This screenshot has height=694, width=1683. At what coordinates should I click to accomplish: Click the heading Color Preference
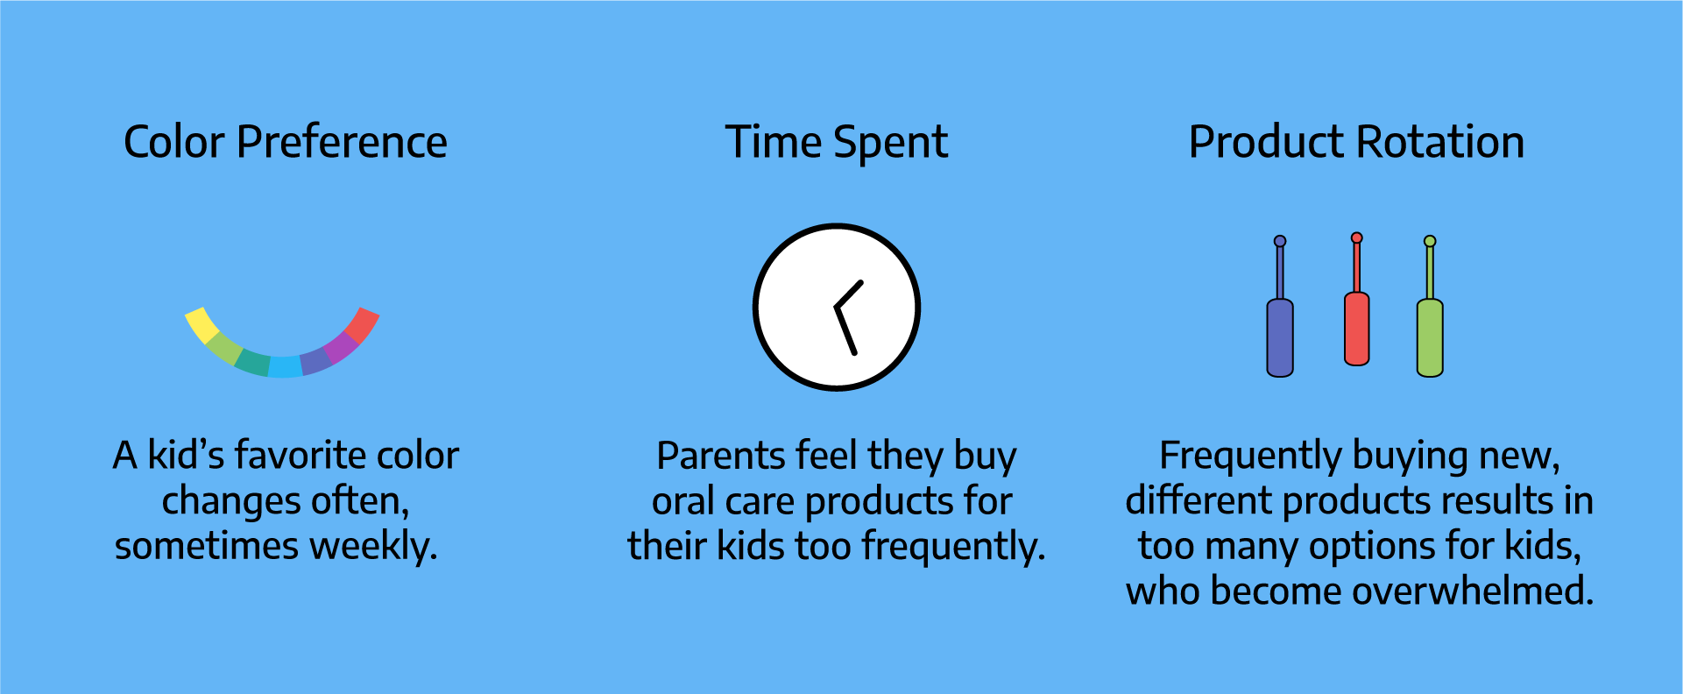click(286, 142)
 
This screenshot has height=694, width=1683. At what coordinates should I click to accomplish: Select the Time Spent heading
click(837, 143)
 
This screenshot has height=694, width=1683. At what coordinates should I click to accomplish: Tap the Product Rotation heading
click(1356, 142)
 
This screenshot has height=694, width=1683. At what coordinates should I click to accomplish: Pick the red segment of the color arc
click(362, 325)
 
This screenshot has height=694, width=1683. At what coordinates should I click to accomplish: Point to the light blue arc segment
click(285, 367)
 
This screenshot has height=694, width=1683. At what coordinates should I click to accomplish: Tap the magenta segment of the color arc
click(341, 347)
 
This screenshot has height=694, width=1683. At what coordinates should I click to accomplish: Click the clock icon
click(837, 307)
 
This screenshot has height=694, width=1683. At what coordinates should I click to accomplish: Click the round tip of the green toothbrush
click(1430, 241)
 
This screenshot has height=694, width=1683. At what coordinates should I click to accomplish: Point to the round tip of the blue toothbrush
click(1280, 241)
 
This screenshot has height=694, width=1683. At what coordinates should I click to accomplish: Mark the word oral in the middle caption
click(677, 501)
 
